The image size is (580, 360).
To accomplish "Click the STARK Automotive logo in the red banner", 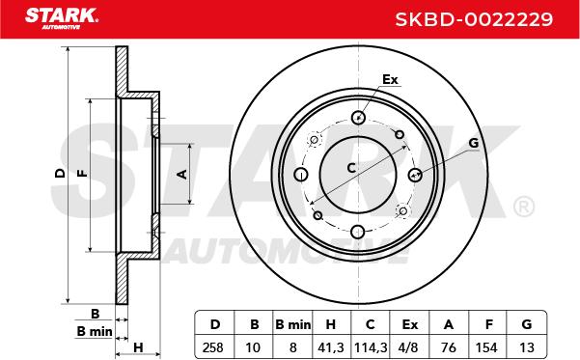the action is [x=62, y=18].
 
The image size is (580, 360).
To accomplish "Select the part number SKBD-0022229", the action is [x=474, y=19].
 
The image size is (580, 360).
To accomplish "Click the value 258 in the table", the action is [x=213, y=347].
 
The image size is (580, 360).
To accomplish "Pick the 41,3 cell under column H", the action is [x=331, y=347].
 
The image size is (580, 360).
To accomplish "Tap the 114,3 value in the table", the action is [x=371, y=347].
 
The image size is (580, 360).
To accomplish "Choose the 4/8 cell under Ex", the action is [x=409, y=347].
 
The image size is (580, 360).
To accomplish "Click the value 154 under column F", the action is [x=486, y=347].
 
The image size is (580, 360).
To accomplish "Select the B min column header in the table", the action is [x=293, y=324].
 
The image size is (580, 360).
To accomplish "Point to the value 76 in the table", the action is [x=449, y=347].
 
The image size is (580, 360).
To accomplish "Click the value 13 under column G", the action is [x=527, y=347].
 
